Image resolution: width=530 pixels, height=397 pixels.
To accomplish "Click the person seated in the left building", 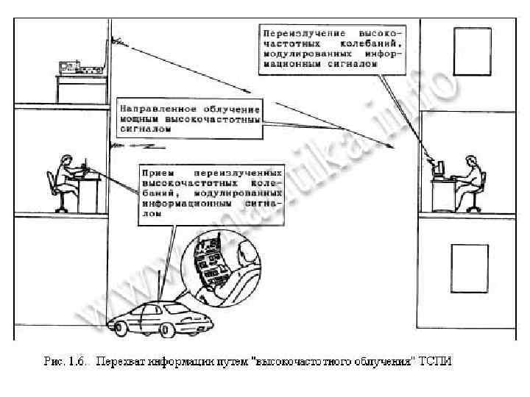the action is tap(68, 176).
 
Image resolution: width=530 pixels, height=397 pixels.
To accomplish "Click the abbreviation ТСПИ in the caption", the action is tap(438, 361).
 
